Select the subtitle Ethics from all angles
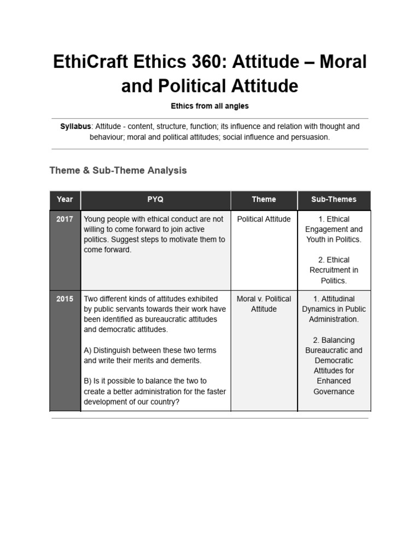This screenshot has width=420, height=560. (x=209, y=106)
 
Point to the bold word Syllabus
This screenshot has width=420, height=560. (x=75, y=126)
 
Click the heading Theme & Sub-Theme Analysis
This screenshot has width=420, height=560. (x=118, y=170)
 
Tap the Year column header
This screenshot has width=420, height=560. (x=65, y=200)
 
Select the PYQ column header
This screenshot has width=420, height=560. (x=155, y=200)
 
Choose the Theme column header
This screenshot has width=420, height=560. (x=264, y=200)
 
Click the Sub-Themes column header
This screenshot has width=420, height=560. (x=334, y=200)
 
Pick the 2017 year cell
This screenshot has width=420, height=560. (x=65, y=219)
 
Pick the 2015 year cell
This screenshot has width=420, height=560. (x=65, y=299)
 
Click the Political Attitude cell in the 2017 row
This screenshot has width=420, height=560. (x=264, y=219)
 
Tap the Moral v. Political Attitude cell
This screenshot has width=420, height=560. (x=264, y=304)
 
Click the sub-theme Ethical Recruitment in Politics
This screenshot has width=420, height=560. (x=334, y=270)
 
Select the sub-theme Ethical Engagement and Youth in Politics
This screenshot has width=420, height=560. (x=334, y=229)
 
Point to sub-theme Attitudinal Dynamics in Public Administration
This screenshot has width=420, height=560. (x=334, y=309)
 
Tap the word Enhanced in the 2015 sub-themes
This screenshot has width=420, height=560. (x=334, y=381)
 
